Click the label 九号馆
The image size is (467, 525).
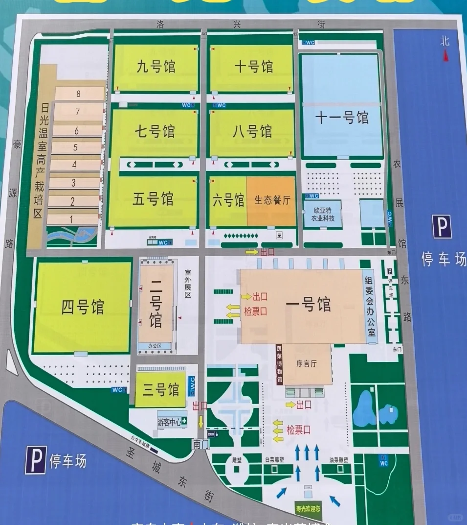point(156,66)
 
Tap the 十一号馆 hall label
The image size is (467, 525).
point(341,118)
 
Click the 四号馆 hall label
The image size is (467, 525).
point(83,308)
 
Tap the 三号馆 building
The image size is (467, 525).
point(160,390)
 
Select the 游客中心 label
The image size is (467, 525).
point(169,421)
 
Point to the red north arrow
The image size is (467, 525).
point(445,57)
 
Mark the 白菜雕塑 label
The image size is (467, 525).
point(274,460)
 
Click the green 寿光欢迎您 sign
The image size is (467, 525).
point(308,508)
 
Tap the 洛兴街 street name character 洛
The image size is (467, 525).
point(160,24)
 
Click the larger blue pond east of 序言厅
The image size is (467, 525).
point(365,409)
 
